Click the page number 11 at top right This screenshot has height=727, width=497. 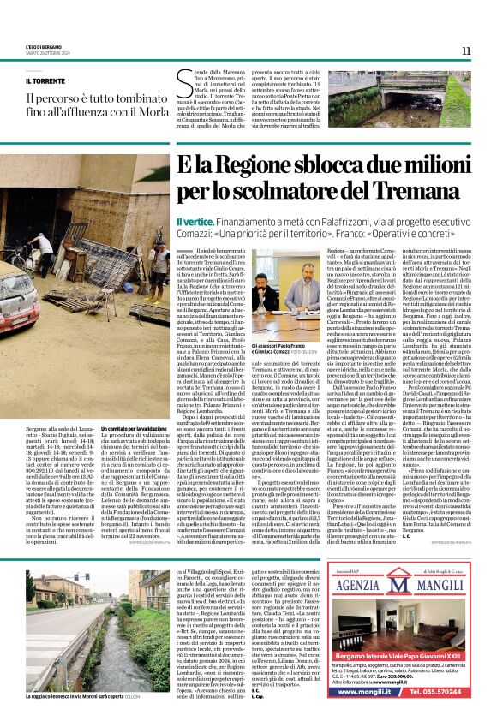(466, 51)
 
